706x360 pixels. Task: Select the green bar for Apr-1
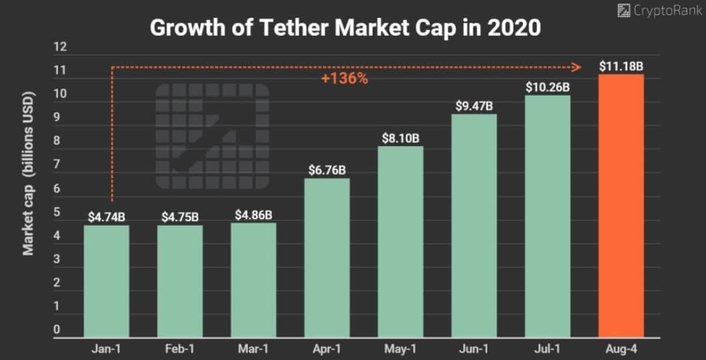(327, 258)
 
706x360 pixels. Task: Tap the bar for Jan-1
(106, 280)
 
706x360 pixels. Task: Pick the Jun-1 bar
(474, 225)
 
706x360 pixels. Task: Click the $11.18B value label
(621, 66)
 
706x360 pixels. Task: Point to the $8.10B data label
(401, 138)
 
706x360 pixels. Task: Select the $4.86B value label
(253, 215)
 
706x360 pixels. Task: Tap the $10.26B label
(548, 87)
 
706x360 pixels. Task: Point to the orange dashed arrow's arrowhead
(577, 67)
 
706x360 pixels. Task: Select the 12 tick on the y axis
(61, 47)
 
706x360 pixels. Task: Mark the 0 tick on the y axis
(57, 330)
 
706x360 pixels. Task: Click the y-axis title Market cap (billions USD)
(29, 173)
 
